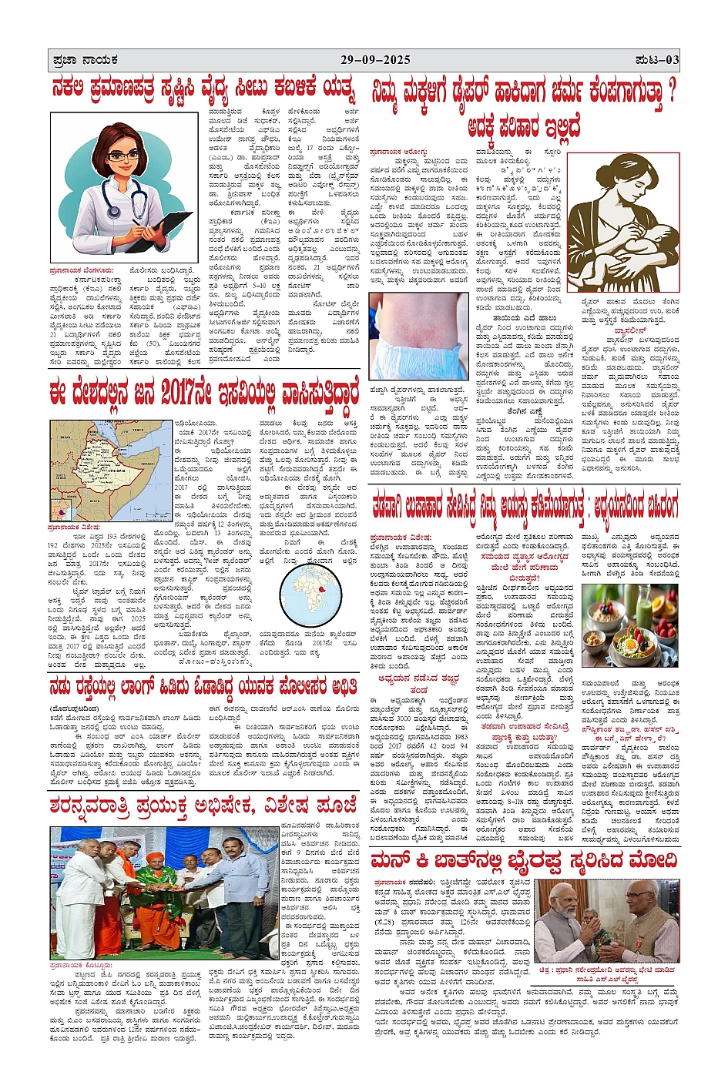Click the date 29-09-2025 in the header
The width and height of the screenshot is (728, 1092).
tap(376, 60)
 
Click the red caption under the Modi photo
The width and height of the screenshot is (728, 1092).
tap(609, 974)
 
